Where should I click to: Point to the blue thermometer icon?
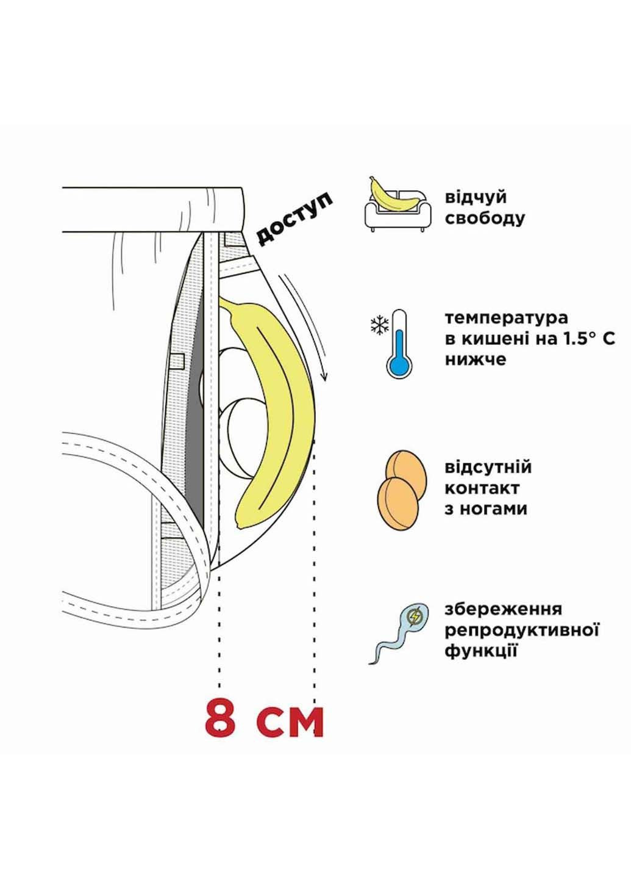pos(399,345)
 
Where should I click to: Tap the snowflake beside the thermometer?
pos(379,325)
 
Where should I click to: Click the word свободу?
pos(485,218)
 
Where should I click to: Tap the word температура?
pos(506,319)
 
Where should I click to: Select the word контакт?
pos(482,488)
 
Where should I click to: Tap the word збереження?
pos(504,609)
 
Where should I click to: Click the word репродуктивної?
pos(522,630)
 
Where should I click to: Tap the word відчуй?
pos(476,197)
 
